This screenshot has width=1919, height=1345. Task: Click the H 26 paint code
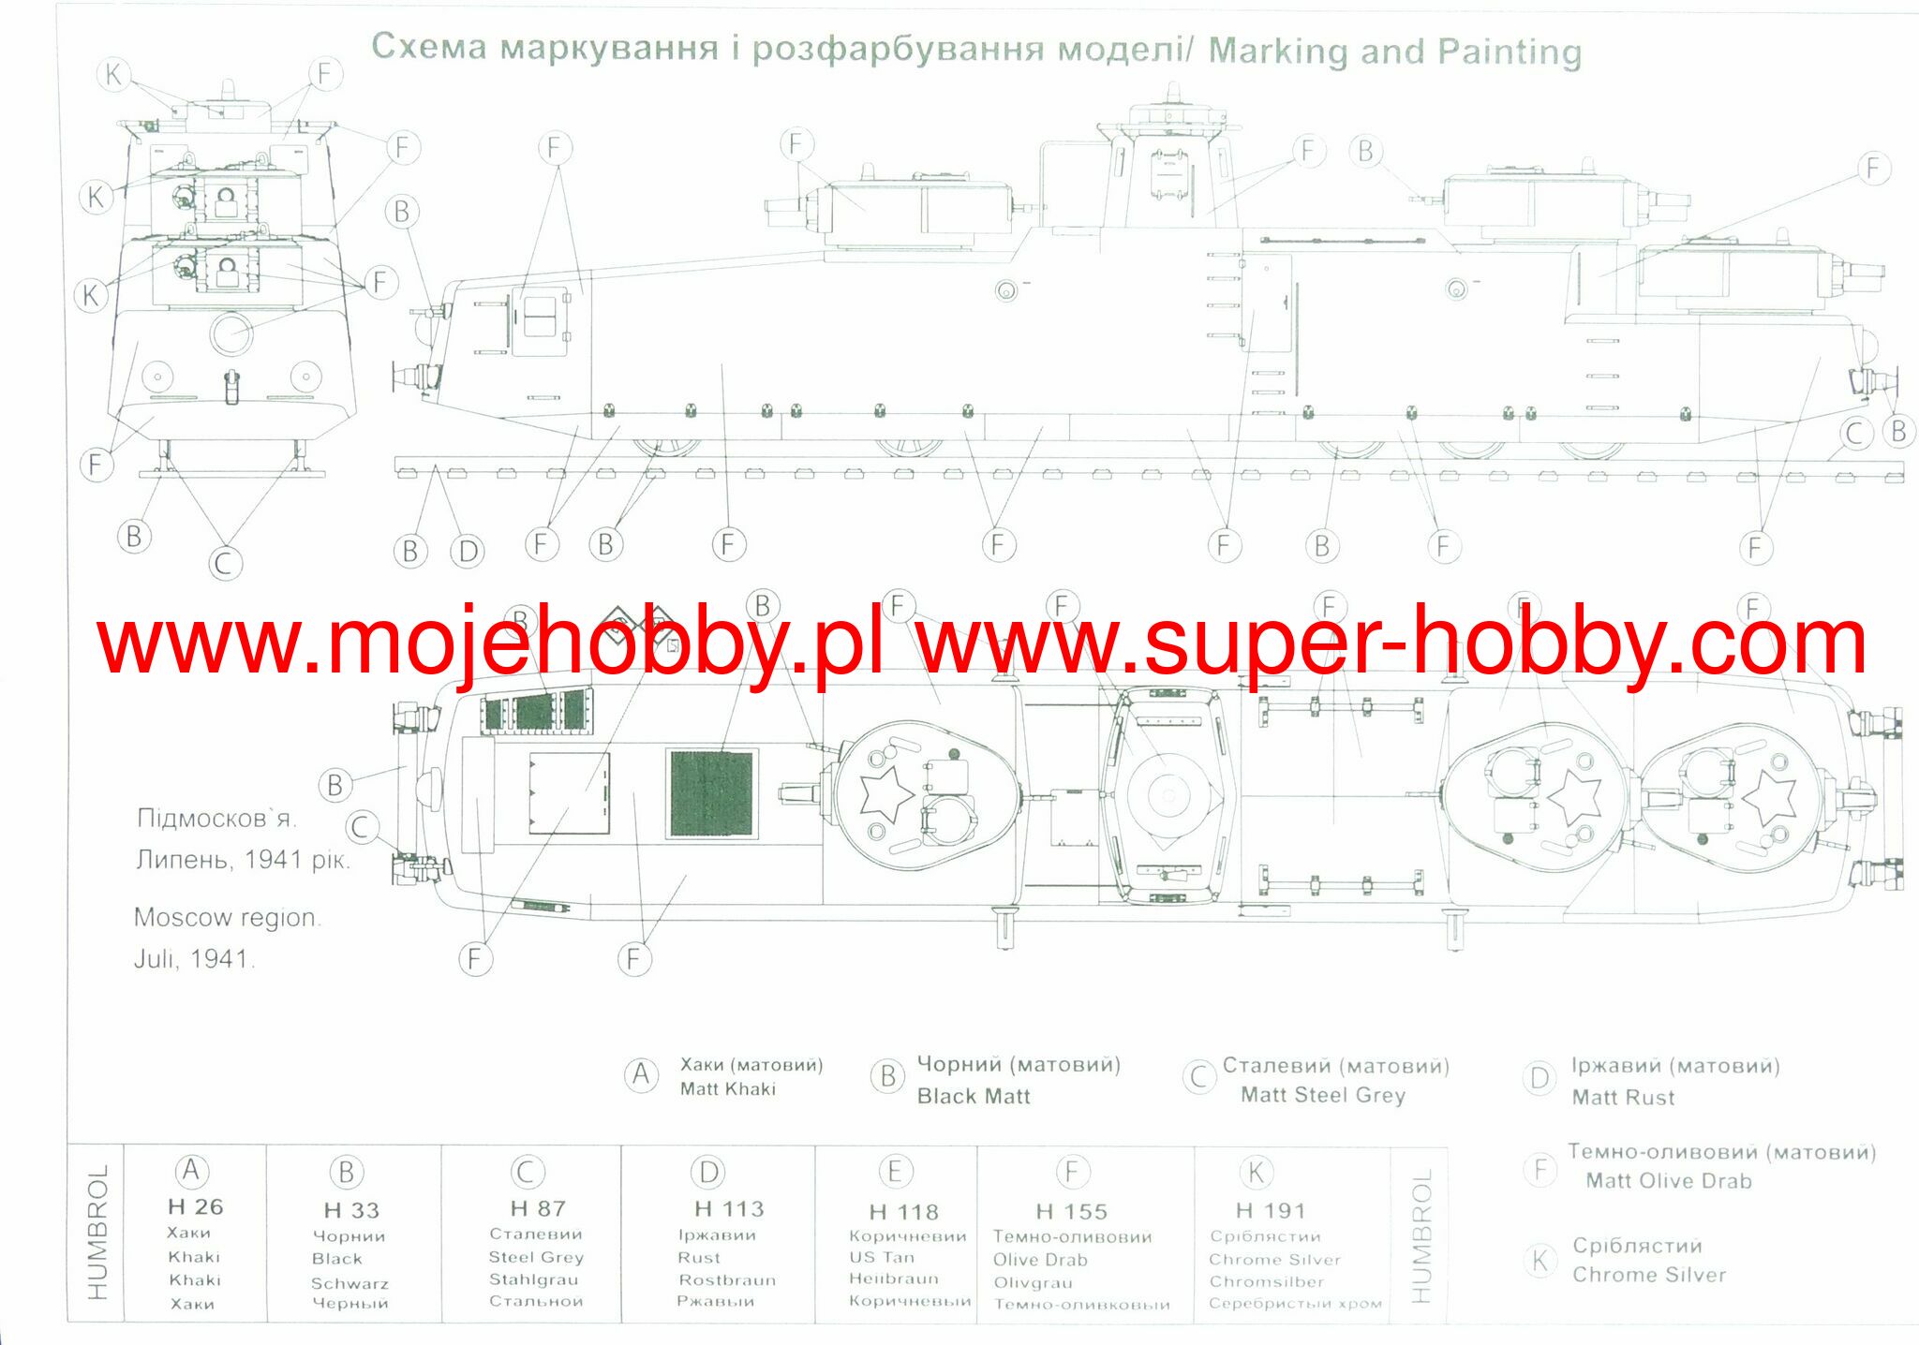196,1207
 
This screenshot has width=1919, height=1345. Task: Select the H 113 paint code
729,1209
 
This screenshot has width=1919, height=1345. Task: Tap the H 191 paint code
1270,1211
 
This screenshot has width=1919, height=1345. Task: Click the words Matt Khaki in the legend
728,1089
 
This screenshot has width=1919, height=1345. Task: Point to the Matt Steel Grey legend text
1323,1095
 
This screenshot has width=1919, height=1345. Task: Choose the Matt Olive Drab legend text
1669,1181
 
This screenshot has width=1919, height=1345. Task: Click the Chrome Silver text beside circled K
1649,1275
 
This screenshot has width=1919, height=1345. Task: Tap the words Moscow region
227,917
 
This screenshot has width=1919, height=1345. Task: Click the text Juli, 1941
194,959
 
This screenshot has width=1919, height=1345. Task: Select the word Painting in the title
1510,52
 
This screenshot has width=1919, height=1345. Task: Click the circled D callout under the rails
468,551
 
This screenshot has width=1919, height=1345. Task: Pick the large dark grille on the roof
712,793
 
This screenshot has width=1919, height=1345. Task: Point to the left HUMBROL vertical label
97,1233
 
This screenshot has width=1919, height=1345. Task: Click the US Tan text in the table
882,1258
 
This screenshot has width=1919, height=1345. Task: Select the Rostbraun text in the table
727,1280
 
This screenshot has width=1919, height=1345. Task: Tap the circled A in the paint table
190,1171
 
